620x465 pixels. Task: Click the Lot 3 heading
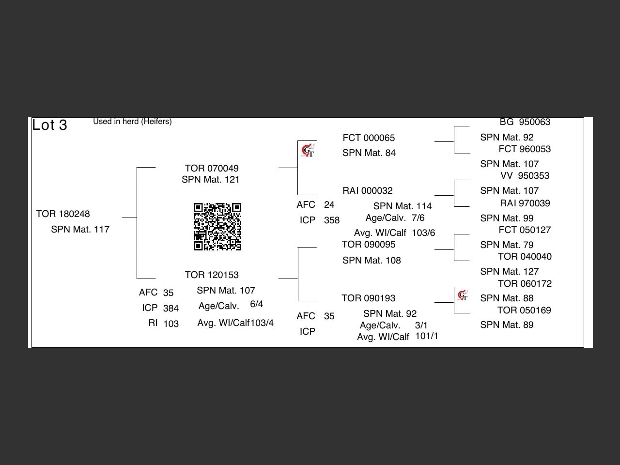pos(49,125)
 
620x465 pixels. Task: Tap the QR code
pos(217,227)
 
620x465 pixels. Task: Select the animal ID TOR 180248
pos(63,214)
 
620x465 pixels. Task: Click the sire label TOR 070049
pos(212,169)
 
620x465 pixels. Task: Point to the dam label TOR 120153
pos(212,275)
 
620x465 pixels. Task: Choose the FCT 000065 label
pos(369,138)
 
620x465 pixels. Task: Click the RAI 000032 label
pos(368,191)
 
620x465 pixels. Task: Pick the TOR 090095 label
pos(369,245)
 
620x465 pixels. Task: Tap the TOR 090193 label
pos(369,298)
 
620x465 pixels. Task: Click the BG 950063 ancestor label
pos(525,122)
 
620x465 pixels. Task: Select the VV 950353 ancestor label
pos(525,176)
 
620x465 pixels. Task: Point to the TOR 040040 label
pos(525,257)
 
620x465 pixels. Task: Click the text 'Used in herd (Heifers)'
pos(132,122)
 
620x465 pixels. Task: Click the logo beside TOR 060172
pos(463,295)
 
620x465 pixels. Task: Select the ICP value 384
pos(171,309)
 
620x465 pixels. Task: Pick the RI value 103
pos(171,324)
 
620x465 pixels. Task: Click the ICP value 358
pos(332,220)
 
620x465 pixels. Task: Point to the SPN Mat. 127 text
pos(510,272)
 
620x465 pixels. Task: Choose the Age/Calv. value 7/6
pos(418,218)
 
